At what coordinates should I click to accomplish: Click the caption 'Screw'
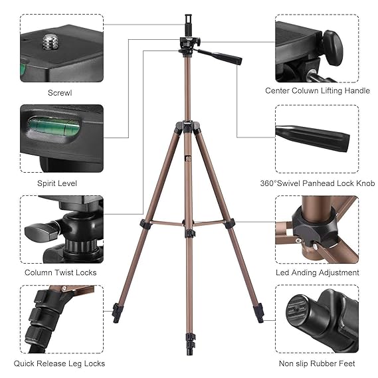pyautogui.click(x=60, y=92)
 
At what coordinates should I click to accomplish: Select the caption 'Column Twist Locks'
pyautogui.click(x=60, y=272)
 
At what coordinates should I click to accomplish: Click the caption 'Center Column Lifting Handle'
pyautogui.click(x=318, y=91)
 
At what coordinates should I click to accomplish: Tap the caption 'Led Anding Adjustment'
pyautogui.click(x=318, y=272)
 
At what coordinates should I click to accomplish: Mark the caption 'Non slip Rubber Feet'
pyautogui.click(x=318, y=363)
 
